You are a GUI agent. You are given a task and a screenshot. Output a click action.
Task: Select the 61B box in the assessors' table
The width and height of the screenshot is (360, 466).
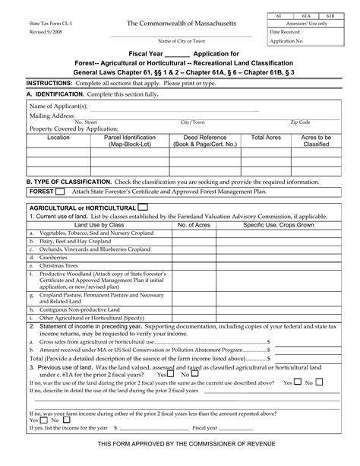point(330,16)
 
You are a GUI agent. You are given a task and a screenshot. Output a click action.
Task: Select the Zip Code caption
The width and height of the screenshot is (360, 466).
point(299,122)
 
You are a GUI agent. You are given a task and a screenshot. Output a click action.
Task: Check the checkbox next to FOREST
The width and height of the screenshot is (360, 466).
point(67,192)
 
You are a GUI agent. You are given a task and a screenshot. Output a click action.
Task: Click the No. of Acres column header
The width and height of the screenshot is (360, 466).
point(193,225)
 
